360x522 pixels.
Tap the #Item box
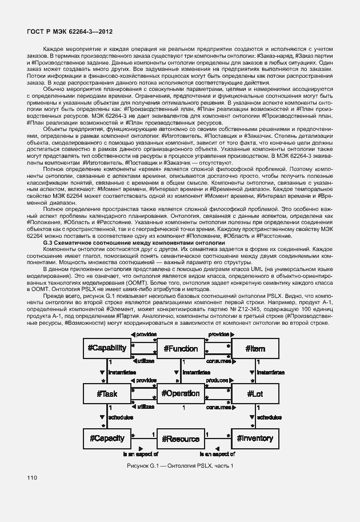point(255,348)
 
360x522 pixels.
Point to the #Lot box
point(255,393)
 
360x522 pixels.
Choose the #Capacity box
point(107,439)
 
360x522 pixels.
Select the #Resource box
point(181,439)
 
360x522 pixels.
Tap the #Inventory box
point(255,439)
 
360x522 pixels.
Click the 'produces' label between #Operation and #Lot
point(218,380)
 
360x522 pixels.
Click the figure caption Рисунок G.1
point(181,467)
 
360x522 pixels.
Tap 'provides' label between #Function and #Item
point(218,334)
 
